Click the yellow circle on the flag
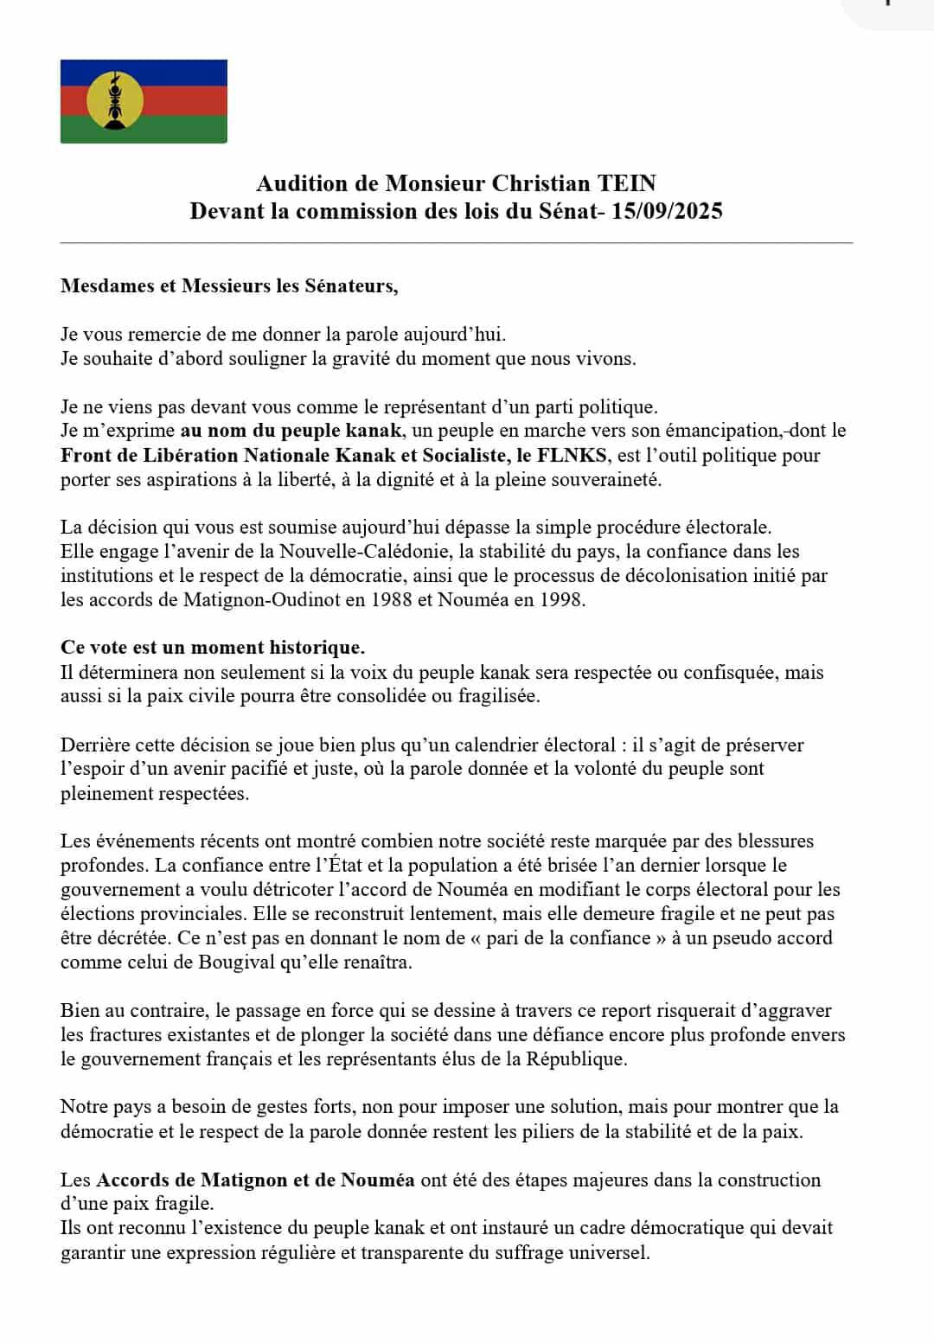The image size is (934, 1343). pyautogui.click(x=115, y=101)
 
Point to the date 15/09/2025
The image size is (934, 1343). pyautogui.click(x=667, y=211)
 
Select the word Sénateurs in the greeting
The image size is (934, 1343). pyautogui.click(x=350, y=286)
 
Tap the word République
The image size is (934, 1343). pyautogui.click(x=575, y=1058)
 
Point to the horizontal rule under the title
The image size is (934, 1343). pyautogui.click(x=456, y=243)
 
